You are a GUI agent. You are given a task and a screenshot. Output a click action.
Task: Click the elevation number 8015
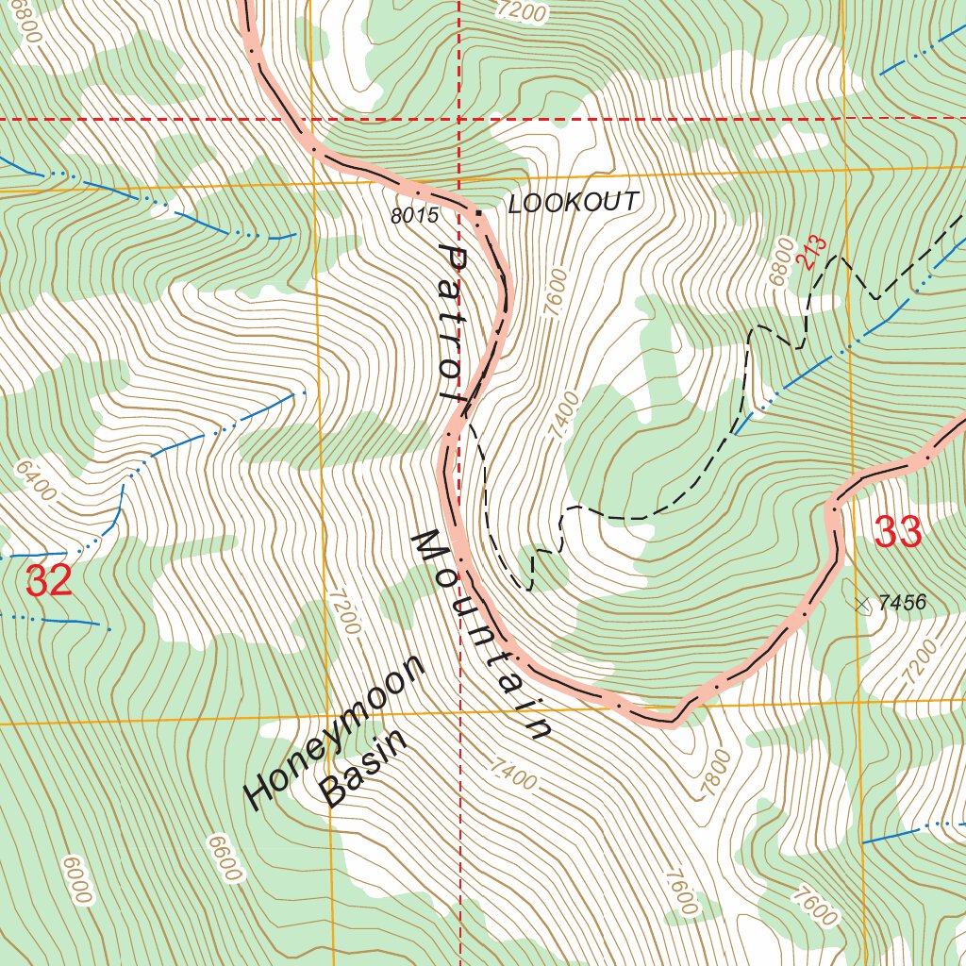[x=415, y=215]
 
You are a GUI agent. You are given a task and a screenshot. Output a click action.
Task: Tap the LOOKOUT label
[x=574, y=203]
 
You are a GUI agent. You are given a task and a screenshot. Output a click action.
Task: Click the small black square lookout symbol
[x=478, y=214]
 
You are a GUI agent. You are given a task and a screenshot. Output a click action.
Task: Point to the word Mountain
[x=480, y=636]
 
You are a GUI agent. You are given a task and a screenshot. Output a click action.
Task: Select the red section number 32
[x=49, y=581]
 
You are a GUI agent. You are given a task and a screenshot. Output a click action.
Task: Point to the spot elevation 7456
[x=902, y=603]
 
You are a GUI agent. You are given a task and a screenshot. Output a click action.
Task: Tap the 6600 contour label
[x=224, y=858]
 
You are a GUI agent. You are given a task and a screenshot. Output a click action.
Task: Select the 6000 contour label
[x=75, y=878]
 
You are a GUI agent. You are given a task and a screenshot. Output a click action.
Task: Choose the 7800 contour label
[x=715, y=773]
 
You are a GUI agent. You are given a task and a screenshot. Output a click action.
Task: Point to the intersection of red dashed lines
[x=458, y=120]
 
